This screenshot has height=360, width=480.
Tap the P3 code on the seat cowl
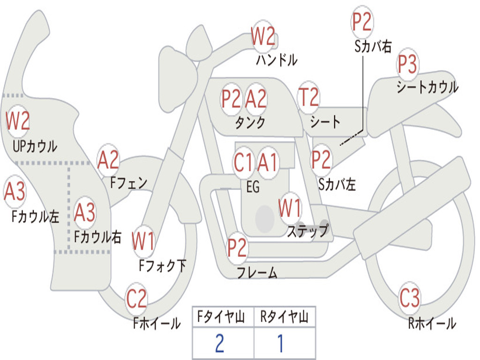click(407, 64)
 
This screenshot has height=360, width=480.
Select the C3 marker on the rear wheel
click(409, 298)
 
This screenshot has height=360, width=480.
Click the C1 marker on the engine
click(243, 162)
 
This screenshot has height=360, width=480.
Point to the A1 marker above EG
click(267, 162)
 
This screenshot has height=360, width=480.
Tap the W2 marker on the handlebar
click(262, 36)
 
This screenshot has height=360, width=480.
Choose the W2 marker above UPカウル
click(17, 120)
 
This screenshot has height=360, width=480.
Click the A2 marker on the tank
click(256, 99)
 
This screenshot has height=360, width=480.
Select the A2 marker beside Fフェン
click(108, 160)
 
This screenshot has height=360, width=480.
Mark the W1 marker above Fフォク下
click(143, 241)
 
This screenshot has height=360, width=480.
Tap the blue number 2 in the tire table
click(220, 343)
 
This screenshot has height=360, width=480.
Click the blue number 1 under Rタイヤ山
click(280, 343)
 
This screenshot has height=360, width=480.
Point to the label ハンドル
click(277, 60)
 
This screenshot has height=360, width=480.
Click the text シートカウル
click(427, 87)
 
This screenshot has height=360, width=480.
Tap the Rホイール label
click(432, 323)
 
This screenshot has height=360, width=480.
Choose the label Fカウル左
click(35, 216)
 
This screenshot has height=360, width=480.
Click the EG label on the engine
click(253, 187)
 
